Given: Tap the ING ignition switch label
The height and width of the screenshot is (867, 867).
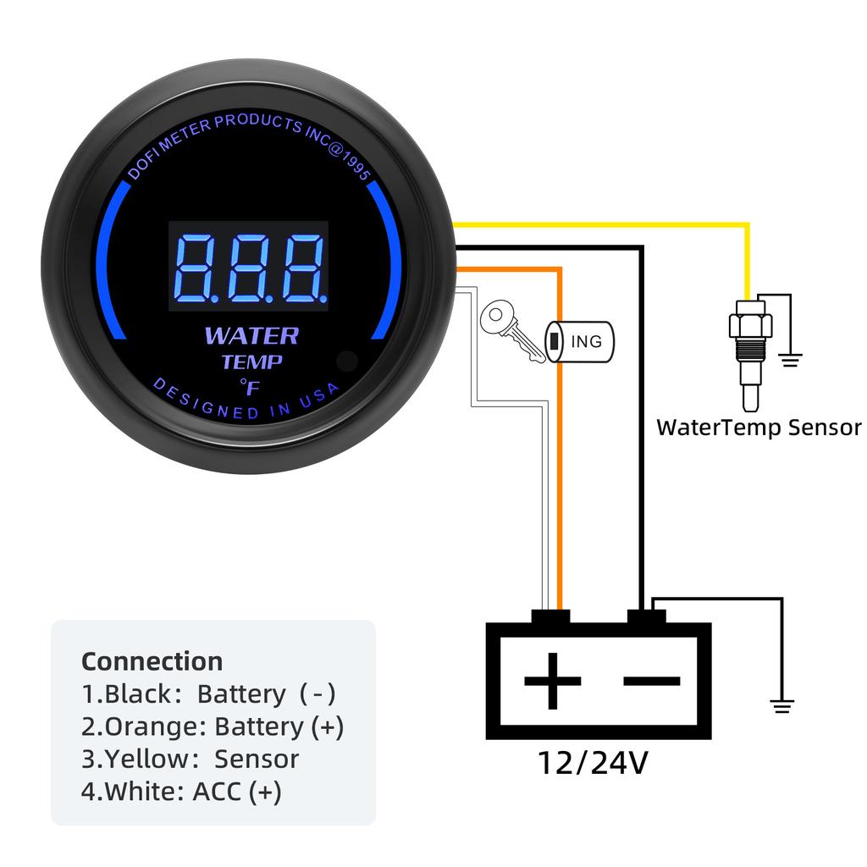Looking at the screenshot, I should (585, 341).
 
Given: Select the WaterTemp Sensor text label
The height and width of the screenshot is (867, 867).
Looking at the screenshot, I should (759, 427).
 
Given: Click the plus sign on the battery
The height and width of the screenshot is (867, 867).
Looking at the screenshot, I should (552, 681).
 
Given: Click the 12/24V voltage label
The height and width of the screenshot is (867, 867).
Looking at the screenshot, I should (593, 764).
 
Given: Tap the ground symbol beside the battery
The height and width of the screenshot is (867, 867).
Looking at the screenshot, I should (781, 704).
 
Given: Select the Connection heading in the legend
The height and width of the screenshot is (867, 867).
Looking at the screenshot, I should (152, 661).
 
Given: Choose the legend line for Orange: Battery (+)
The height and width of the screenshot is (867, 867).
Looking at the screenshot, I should (213, 726).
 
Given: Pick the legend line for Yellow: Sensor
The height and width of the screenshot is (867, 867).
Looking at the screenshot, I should (191, 759).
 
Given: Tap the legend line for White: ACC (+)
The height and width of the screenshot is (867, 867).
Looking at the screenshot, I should (181, 792).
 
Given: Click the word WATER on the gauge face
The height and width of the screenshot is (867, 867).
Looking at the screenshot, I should (251, 336).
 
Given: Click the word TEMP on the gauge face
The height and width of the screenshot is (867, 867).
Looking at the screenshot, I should (251, 362).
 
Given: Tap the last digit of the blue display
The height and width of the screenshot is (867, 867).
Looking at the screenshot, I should (302, 268).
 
